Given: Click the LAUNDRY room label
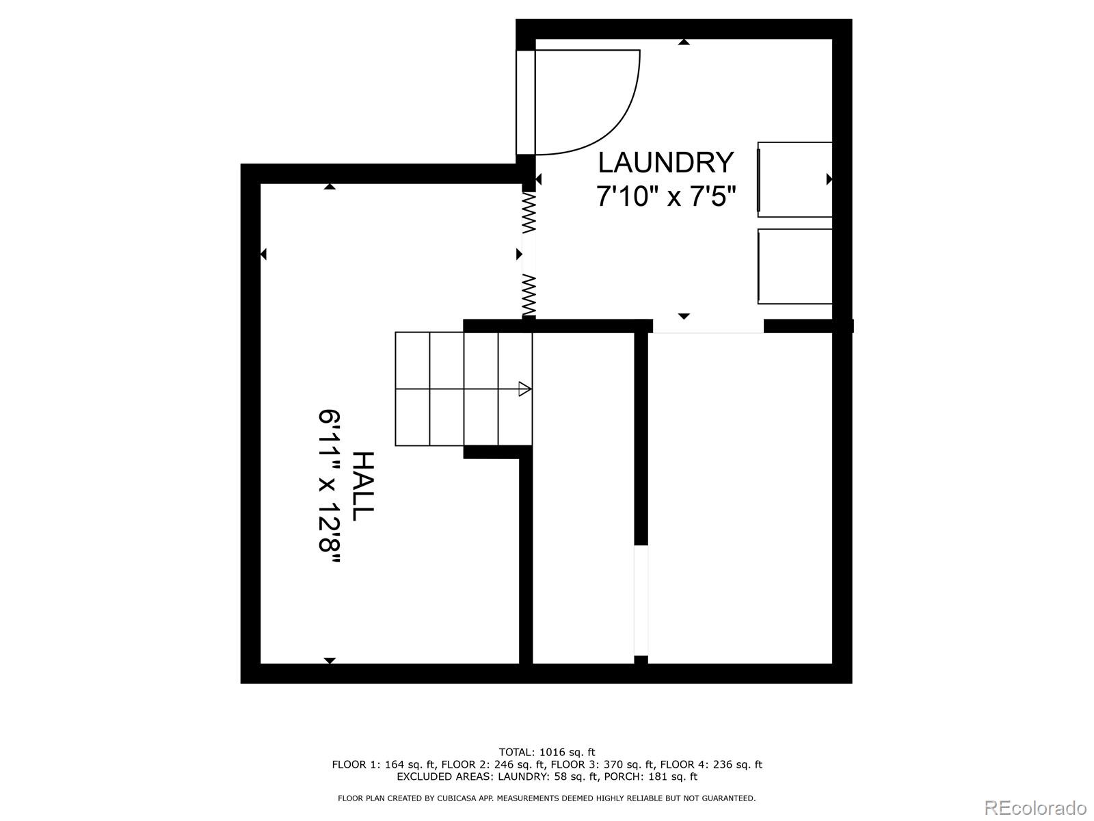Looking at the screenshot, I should click(665, 163).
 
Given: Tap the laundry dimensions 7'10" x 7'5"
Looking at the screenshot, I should click(665, 197).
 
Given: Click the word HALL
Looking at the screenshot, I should click(362, 486).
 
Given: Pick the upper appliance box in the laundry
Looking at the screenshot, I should click(795, 179).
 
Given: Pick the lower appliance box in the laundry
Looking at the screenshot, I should click(795, 266).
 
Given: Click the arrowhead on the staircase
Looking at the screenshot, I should click(524, 389).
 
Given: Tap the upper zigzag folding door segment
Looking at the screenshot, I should click(528, 211).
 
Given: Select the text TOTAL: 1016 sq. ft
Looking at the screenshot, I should click(547, 753).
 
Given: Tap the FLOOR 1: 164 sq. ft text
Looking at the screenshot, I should click(384, 765).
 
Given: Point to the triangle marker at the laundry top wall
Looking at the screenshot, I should click(684, 42).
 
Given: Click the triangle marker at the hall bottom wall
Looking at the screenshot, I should click(330, 660).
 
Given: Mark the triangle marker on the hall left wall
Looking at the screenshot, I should click(263, 255).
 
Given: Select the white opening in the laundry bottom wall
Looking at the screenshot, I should click(708, 326).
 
